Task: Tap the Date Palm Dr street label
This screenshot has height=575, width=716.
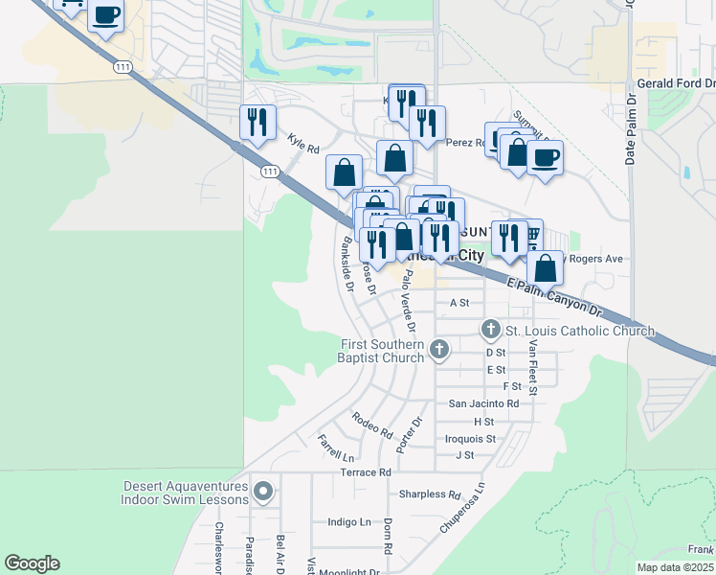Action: (631, 129)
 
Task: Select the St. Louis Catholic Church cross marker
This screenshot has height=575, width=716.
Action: (491, 331)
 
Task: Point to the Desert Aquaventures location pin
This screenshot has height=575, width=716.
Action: (264, 493)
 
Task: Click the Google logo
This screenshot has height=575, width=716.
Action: (33, 563)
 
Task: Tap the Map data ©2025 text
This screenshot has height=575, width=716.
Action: (676, 567)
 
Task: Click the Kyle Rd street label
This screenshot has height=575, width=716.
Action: (302, 144)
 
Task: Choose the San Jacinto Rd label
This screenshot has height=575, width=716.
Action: (484, 404)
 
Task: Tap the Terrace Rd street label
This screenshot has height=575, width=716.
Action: (366, 472)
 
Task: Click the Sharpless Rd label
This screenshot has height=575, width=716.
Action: (431, 494)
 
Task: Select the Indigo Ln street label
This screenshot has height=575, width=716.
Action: (349, 522)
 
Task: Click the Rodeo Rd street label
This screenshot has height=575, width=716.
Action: (372, 425)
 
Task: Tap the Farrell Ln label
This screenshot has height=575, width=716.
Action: (336, 447)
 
